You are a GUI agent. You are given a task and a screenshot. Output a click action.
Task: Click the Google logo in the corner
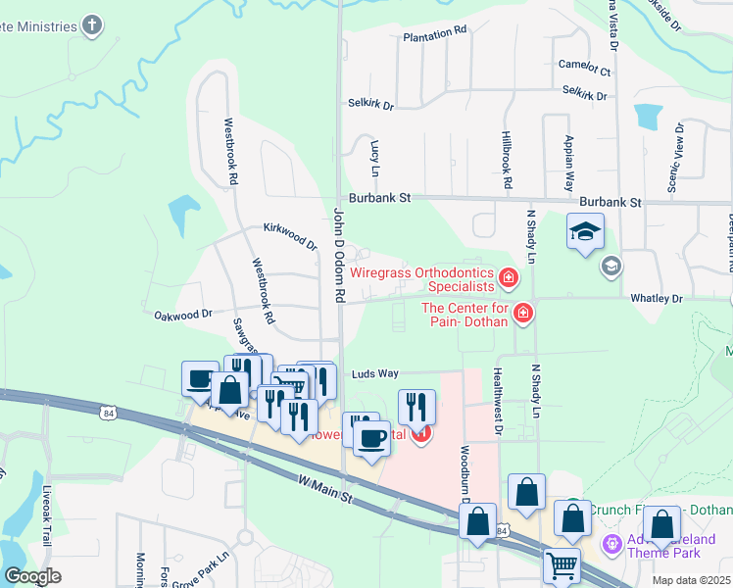pyautogui.click(x=33, y=576)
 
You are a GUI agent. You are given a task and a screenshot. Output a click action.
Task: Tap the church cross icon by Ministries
pyautogui.click(x=92, y=26)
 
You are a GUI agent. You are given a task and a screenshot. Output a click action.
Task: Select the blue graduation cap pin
pyautogui.click(x=585, y=232)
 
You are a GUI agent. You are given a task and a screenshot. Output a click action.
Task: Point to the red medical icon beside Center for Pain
pyautogui.click(x=523, y=314)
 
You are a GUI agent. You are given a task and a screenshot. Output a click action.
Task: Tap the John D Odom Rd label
pyautogui.click(x=340, y=253)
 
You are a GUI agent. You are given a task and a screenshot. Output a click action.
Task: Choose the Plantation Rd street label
pyautogui.click(x=435, y=34)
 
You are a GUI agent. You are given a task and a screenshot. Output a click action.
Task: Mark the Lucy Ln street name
pyautogui.click(x=374, y=151)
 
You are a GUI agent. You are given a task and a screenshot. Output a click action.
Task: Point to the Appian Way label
pyautogui.click(x=568, y=163)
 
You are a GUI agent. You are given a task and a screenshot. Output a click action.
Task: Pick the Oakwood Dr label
pyautogui.click(x=183, y=315)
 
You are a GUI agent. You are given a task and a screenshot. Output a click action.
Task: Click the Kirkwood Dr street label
pyautogui.click(x=290, y=234)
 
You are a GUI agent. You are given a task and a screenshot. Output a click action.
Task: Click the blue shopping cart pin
pyautogui.click(x=561, y=564)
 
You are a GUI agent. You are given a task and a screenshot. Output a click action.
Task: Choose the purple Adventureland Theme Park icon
pyautogui.click(x=612, y=543)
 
